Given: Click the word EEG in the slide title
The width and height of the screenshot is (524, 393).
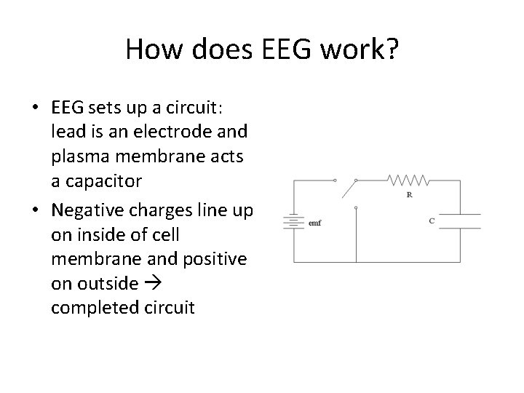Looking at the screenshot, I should pyautogui.click(x=290, y=50).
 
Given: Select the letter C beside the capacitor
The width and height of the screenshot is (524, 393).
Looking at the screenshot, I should pyautogui.click(x=432, y=221).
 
